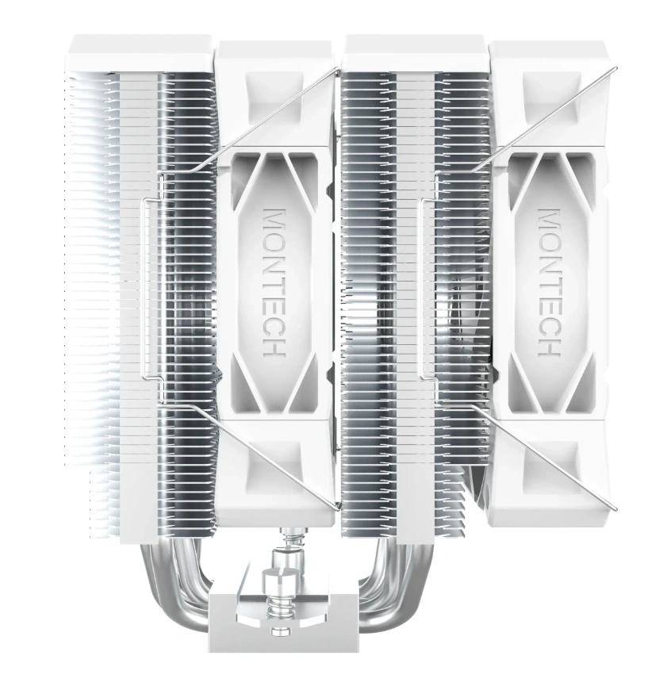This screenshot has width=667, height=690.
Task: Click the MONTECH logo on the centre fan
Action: pyautogui.click(x=274, y=282)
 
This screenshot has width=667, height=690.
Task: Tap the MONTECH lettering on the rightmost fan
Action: pyautogui.click(x=549, y=282)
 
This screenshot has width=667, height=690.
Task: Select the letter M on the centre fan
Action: pyautogui.click(x=274, y=220)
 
